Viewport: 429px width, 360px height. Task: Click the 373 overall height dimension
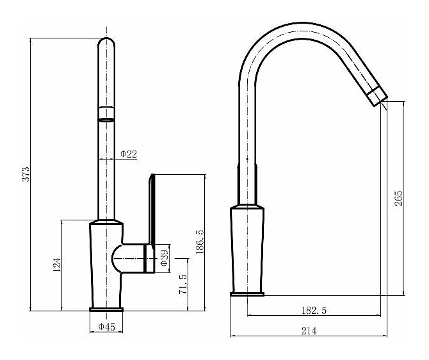tap(26, 174)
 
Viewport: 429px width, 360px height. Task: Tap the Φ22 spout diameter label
tap(129, 154)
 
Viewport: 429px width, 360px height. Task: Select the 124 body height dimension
tap(56, 265)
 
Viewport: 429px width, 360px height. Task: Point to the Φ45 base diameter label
tap(107, 327)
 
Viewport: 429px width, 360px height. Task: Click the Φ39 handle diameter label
tap(164, 258)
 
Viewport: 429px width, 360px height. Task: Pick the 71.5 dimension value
tap(183, 284)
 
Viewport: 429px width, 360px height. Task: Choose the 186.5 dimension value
tap(200, 242)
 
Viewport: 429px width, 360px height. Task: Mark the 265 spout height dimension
tap(399, 199)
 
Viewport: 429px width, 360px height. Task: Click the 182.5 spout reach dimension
tap(314, 311)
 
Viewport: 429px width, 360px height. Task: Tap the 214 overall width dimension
tap(309, 331)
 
